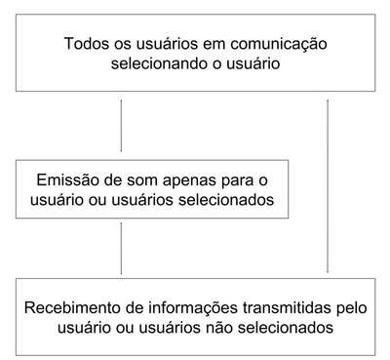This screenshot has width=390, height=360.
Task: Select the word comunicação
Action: pyautogui.click(x=279, y=45)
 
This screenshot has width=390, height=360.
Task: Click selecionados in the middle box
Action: pyautogui.click(x=226, y=199)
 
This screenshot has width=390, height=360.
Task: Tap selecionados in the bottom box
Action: pyautogui.click(x=286, y=327)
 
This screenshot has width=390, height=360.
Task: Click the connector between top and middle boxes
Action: pyautogui.click(x=121, y=126)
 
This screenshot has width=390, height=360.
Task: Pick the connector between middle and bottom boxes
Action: pyautogui.click(x=121, y=249)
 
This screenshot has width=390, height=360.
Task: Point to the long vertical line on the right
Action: pyautogui.click(x=328, y=186)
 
